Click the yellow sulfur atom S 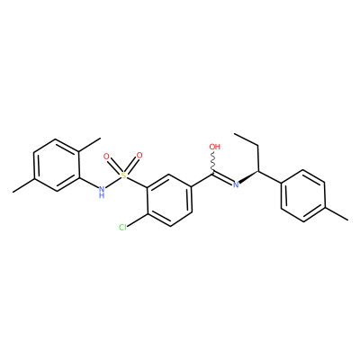point(124,175)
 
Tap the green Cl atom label point(122,228)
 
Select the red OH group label point(215,147)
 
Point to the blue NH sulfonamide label point(102,192)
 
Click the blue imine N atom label point(236,184)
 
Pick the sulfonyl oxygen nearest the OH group point(139,156)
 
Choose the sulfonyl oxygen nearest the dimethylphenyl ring point(105,157)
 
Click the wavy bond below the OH point(213,162)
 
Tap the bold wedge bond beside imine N point(248,177)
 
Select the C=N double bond point(223,178)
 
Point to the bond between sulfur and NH point(113,182)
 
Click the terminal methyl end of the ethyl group point(235,133)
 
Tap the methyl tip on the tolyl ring point(347,220)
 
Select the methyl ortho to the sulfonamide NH point(101,139)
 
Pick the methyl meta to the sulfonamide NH point(13,192)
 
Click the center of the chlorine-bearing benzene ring point(169,201)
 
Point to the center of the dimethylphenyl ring point(57,165)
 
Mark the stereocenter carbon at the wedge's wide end point(258,172)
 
